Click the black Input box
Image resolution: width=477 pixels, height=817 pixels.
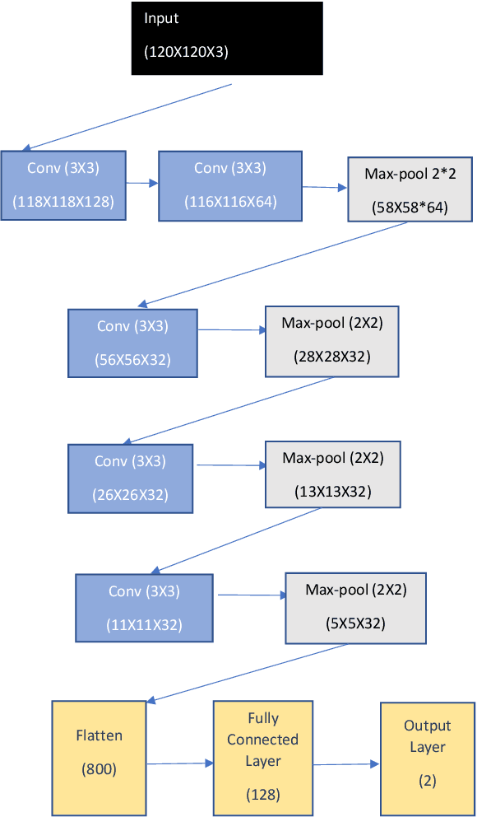pos(227,38)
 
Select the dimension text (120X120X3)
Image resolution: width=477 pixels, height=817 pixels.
pos(187,51)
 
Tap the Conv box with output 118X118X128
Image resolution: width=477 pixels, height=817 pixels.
pos(63,185)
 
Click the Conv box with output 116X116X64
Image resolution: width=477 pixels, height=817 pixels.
pos(229,185)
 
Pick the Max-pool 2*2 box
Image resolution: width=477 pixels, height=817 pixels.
pos(410,189)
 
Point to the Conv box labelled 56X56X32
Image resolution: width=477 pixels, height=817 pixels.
pos(132,343)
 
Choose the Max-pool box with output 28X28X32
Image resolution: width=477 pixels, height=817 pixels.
pos(332,341)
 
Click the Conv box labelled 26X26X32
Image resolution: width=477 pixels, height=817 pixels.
pos(130,478)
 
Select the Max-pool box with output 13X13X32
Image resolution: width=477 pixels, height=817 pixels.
pos(332,474)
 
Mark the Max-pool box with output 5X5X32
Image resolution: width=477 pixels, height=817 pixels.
pos(355,607)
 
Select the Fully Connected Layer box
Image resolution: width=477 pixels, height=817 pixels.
pos(262,758)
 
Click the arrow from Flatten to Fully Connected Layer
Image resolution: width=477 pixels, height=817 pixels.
pos(179,763)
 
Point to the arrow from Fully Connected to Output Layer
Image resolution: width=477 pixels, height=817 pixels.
pos(345,764)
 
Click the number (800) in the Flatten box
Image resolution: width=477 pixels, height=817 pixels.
pos(99,770)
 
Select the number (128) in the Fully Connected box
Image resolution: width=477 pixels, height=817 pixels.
pos(262,795)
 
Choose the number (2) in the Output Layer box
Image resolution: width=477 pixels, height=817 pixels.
pos(427,781)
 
